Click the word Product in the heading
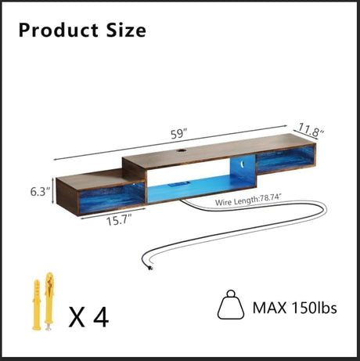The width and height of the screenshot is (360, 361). click(x=59, y=31)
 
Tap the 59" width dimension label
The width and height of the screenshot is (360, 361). click(x=179, y=134)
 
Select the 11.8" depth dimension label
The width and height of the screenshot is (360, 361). click(x=311, y=130)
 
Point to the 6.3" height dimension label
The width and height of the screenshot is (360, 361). click(x=40, y=192)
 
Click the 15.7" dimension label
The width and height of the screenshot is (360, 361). click(x=119, y=220)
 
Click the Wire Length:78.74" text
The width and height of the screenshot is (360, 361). click(x=248, y=200)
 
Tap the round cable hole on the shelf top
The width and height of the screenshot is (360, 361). click(x=180, y=151)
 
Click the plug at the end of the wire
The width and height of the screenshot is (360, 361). click(x=150, y=267)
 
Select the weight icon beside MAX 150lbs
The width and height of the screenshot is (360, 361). click(x=231, y=305)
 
